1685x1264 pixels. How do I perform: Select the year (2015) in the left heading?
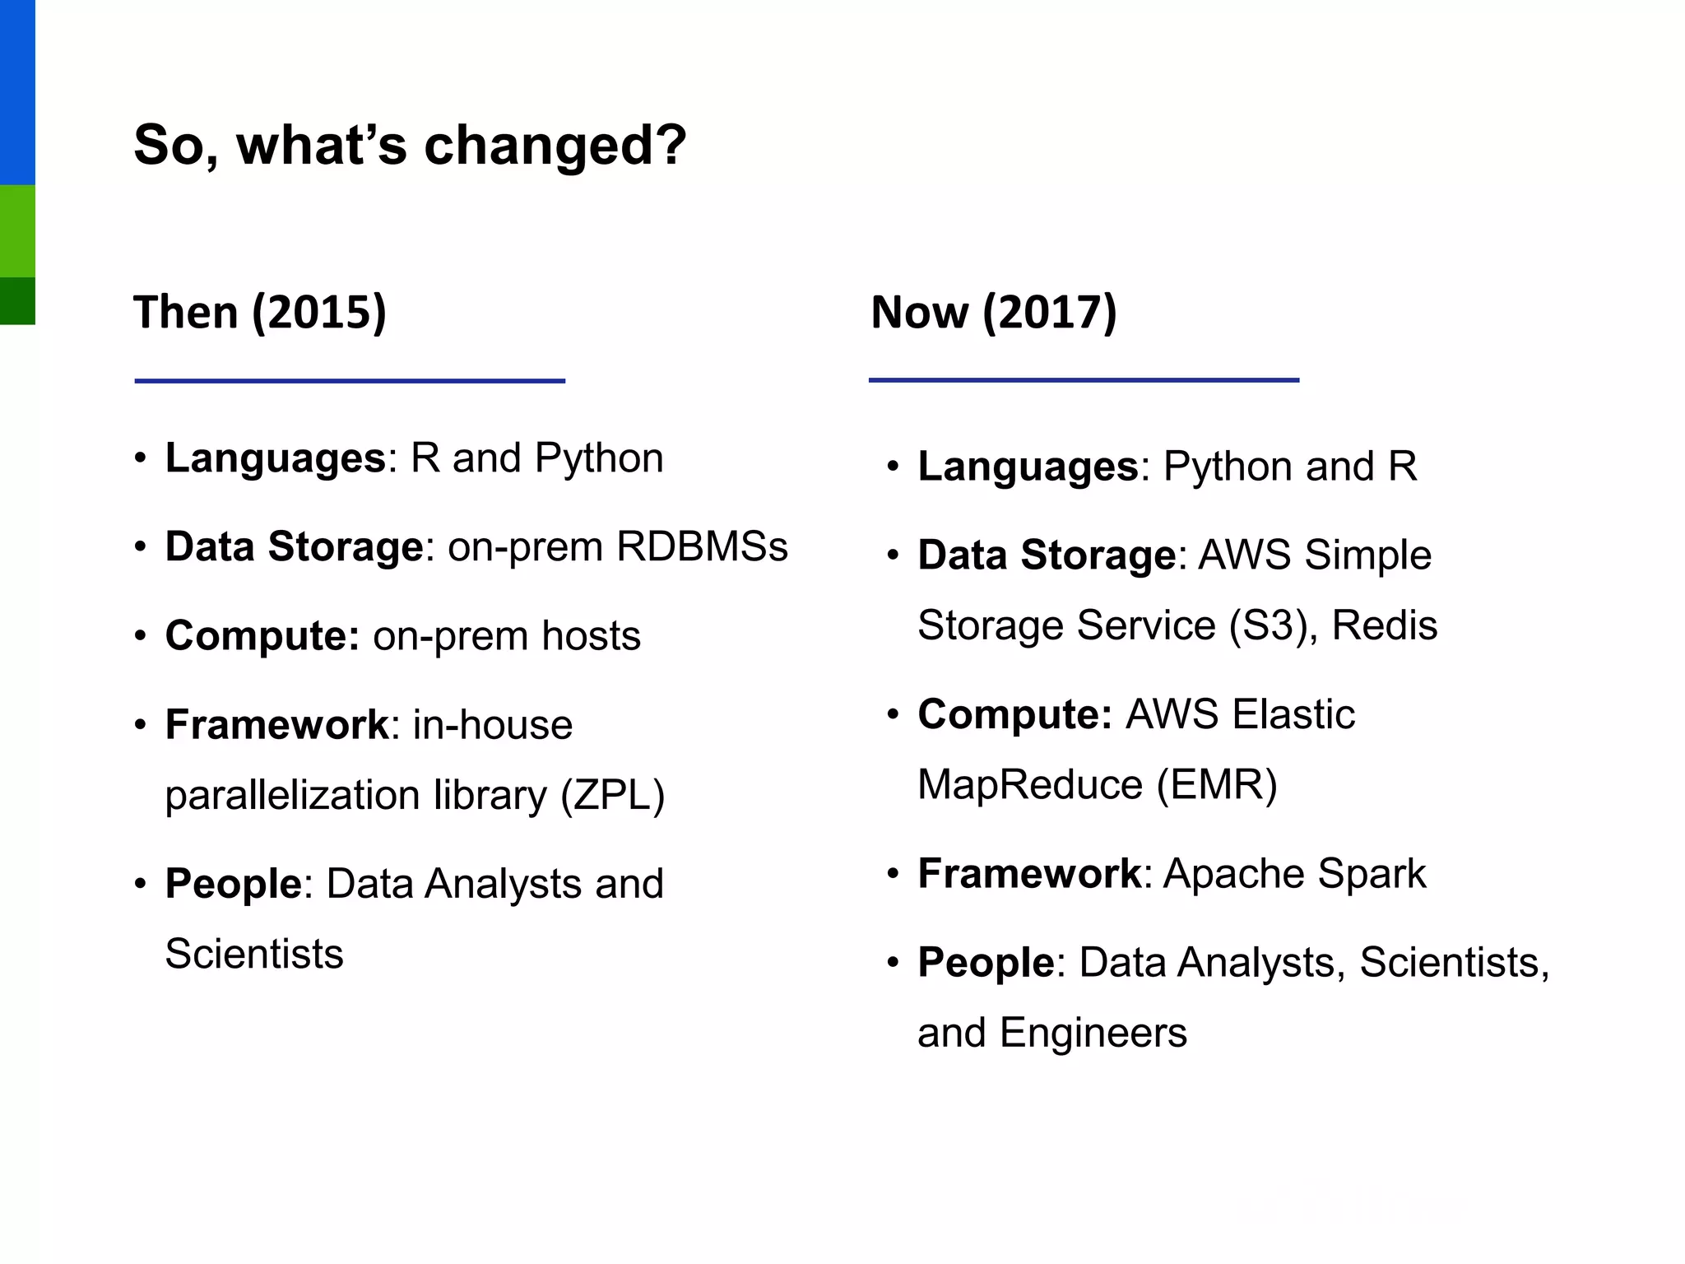(319, 313)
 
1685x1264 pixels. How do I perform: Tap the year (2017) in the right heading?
(1050, 313)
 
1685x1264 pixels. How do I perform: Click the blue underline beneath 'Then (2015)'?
(350, 381)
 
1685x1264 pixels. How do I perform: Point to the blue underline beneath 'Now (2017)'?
(1084, 380)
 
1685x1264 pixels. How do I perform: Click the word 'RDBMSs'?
(702, 546)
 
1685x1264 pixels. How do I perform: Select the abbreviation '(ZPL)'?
(612, 795)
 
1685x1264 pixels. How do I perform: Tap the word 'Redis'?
(1384, 625)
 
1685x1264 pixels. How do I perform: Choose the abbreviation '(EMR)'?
(1217, 784)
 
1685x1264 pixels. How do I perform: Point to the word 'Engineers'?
(1093, 1033)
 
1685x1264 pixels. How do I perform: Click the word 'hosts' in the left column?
(591, 636)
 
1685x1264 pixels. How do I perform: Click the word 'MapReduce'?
(1030, 784)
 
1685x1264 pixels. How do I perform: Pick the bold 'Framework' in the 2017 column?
(1029, 874)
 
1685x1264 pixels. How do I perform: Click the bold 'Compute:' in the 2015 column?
(262, 636)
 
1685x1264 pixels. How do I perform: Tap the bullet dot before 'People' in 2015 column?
(141, 885)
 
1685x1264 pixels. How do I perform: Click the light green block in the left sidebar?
(17, 230)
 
